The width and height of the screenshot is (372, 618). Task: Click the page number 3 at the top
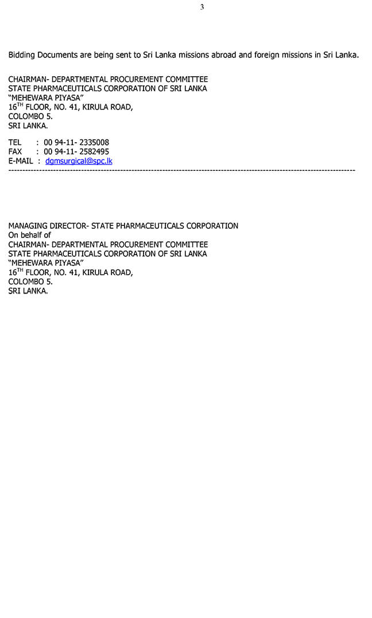[x=202, y=7]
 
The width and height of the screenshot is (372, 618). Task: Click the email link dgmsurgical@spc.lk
[x=79, y=161]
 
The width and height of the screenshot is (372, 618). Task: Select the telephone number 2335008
[x=93, y=143]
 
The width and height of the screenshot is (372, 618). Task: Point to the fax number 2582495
[x=93, y=152]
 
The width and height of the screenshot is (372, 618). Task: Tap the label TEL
[x=15, y=143]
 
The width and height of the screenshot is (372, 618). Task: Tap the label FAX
[x=15, y=152]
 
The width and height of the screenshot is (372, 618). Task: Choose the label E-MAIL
[x=21, y=161]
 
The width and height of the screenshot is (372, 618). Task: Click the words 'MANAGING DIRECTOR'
[x=46, y=226]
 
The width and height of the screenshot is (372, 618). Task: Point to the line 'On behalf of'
[x=29, y=235]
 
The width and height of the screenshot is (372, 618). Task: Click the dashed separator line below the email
[x=181, y=170]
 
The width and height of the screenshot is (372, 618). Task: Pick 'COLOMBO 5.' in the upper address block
[x=30, y=116]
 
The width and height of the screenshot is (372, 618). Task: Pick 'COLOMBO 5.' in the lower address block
[x=30, y=281]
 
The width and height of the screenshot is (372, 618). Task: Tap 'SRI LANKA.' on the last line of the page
[x=28, y=291]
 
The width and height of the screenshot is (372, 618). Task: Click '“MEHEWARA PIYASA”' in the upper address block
[x=46, y=98]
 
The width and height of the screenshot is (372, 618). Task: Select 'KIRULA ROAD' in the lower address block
[x=107, y=272]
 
